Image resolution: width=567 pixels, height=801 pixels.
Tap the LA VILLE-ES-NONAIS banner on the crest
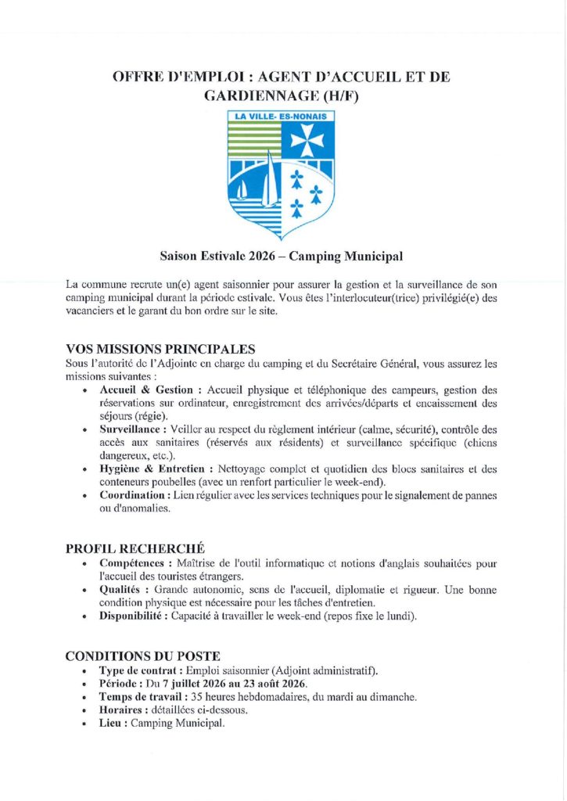[x=282, y=116]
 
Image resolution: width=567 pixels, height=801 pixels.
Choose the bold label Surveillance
[x=132, y=429]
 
